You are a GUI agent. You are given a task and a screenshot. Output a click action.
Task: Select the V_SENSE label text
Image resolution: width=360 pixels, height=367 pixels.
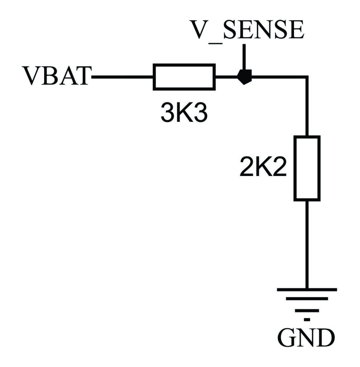[247, 30]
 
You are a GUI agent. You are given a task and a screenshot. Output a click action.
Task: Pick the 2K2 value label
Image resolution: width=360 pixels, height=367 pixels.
[263, 168]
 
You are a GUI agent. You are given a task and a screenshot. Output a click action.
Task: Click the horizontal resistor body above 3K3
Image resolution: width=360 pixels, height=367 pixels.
[184, 77]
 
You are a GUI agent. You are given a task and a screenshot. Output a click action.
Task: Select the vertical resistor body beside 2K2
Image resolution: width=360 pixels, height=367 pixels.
[307, 168]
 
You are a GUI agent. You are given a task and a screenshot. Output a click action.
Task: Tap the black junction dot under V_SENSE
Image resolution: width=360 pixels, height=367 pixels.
[245, 77]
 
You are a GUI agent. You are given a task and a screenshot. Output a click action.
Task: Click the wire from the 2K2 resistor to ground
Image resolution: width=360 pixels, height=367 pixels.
[307, 244]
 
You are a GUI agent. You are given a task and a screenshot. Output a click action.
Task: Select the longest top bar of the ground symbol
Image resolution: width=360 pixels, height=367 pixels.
[307, 289]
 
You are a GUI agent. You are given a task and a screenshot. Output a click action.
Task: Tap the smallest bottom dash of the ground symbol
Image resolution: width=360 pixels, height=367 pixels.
[307, 319]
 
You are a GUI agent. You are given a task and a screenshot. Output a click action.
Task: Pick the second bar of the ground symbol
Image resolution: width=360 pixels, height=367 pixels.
[307, 299]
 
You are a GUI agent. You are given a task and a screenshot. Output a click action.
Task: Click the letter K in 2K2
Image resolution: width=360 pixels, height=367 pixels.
[264, 168]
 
